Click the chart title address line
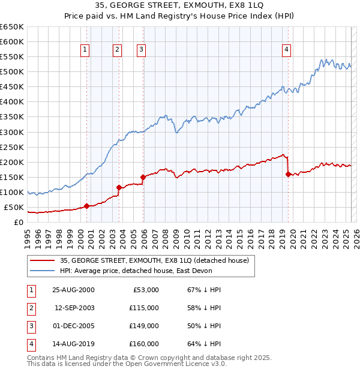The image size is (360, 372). click(x=179, y=6)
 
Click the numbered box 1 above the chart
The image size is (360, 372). click(x=85, y=50)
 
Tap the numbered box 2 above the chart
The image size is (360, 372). click(x=118, y=50)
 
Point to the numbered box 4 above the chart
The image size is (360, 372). click(x=287, y=50)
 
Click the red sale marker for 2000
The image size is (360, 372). click(x=86, y=206)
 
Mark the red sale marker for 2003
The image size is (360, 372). click(x=119, y=187)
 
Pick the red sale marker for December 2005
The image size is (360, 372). click(x=143, y=177)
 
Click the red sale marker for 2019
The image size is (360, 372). click(x=288, y=174)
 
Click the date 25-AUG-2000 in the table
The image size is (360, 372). click(x=73, y=290)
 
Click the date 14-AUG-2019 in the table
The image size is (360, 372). click(x=73, y=344)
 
